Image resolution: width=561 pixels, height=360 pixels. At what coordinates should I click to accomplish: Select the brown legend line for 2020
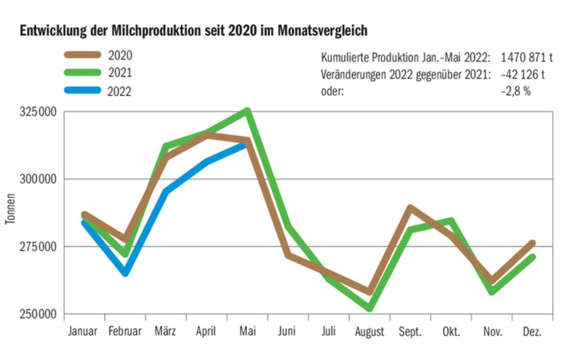click(83, 55)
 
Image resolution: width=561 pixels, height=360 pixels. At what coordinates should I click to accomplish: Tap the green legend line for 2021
click(83, 72)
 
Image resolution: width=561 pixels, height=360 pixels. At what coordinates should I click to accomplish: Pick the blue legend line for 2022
click(83, 91)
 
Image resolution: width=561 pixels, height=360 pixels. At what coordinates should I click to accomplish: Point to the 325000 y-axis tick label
click(38, 112)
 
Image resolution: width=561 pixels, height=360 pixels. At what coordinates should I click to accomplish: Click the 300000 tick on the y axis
click(38, 179)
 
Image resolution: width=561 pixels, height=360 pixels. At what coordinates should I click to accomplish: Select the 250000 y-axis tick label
click(38, 314)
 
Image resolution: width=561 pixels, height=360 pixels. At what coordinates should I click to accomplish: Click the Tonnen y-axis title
click(10, 209)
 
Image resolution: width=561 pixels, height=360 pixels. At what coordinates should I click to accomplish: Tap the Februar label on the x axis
click(125, 332)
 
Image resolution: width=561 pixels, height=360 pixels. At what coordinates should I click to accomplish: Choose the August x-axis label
click(369, 332)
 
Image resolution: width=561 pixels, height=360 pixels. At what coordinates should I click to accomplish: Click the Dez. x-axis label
click(532, 332)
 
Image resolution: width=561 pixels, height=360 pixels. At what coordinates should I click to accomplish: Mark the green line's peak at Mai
click(248, 111)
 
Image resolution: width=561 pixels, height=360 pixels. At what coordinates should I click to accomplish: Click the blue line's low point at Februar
click(125, 273)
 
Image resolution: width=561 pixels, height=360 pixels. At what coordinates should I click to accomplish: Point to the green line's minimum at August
click(369, 308)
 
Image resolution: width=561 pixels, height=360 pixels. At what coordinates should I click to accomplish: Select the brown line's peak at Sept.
click(410, 207)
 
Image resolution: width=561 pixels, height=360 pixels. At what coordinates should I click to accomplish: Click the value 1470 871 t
click(526, 58)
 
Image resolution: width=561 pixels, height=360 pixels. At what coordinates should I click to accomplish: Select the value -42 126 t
click(522, 74)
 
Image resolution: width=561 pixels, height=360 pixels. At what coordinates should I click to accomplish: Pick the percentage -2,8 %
click(515, 91)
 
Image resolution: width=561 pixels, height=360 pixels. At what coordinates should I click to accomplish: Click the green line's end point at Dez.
click(532, 257)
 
